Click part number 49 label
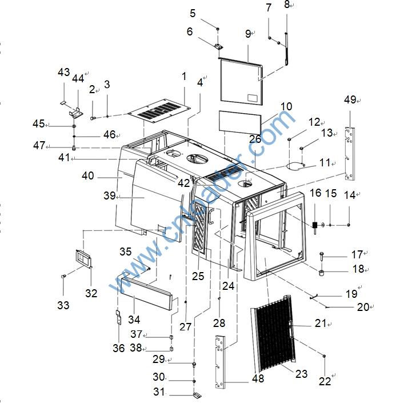350,99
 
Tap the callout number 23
301,374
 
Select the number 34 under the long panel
134,320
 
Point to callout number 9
248,33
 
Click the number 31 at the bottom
159,392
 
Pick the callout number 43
63,72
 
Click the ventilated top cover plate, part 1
159,110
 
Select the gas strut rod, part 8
286,49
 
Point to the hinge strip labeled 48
220,362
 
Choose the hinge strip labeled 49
350,154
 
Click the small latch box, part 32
83,258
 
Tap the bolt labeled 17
322,256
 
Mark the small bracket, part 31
197,395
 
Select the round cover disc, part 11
296,166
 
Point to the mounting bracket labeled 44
76,113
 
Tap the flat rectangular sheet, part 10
240,122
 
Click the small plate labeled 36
119,317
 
